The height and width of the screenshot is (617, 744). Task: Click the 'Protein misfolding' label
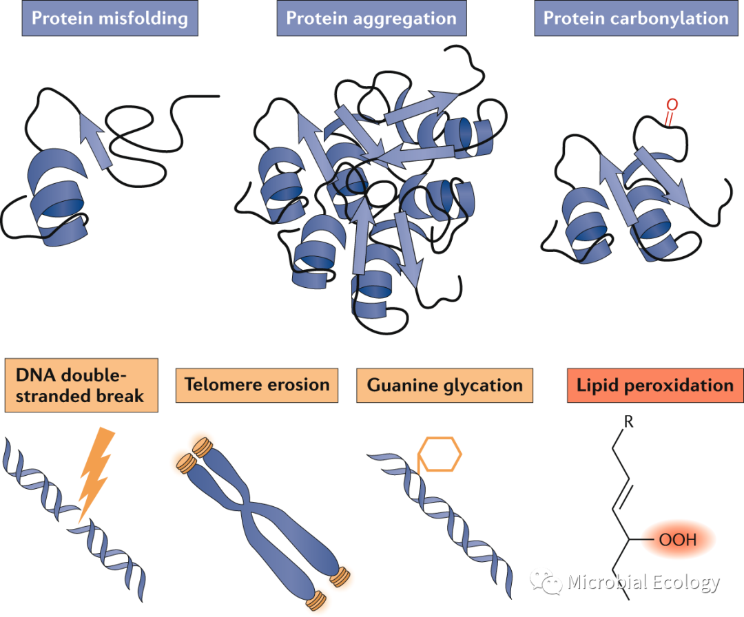[x=110, y=19]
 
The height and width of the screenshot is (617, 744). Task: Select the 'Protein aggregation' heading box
[x=371, y=19]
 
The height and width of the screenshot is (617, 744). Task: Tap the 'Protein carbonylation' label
[x=636, y=19]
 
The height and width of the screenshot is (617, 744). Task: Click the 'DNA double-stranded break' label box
[x=81, y=385]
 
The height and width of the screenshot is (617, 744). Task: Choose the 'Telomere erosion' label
[x=256, y=385]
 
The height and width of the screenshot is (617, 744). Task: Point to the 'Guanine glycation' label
[x=445, y=385]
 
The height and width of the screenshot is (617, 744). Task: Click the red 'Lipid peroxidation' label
[x=654, y=385]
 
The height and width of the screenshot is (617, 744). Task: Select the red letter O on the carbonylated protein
[x=672, y=105]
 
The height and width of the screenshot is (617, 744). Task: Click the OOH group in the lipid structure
[x=678, y=540]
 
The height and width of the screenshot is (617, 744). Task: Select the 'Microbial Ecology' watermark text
[x=643, y=583]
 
